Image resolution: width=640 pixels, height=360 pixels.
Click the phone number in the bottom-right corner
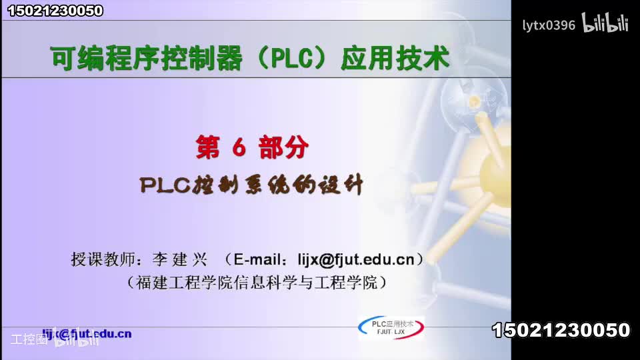[561, 330]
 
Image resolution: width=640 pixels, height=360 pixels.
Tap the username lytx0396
[548, 25]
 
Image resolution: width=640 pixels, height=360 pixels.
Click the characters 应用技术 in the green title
[395, 59]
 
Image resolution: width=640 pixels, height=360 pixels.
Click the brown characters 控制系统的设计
[279, 185]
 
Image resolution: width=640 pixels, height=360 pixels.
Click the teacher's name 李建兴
[180, 259]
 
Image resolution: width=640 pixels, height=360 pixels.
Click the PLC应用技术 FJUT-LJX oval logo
[391, 327]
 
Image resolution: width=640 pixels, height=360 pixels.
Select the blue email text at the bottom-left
[87, 333]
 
